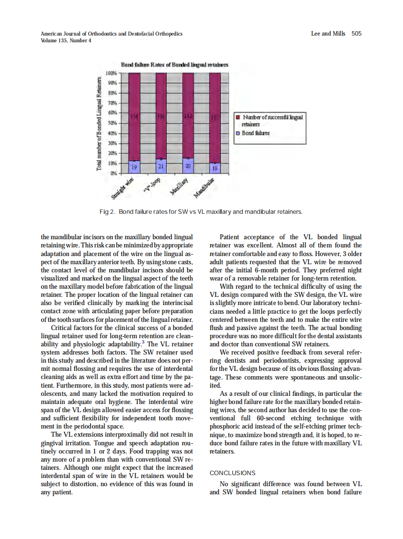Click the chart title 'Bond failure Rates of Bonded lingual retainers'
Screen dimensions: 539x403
[x=174, y=64]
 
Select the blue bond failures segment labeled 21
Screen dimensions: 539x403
[x=162, y=166]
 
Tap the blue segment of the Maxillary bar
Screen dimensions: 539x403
[x=189, y=166]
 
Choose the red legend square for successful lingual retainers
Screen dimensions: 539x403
[x=238, y=117]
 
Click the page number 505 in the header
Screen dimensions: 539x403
[x=356, y=34]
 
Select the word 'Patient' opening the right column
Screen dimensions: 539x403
[x=232, y=237]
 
